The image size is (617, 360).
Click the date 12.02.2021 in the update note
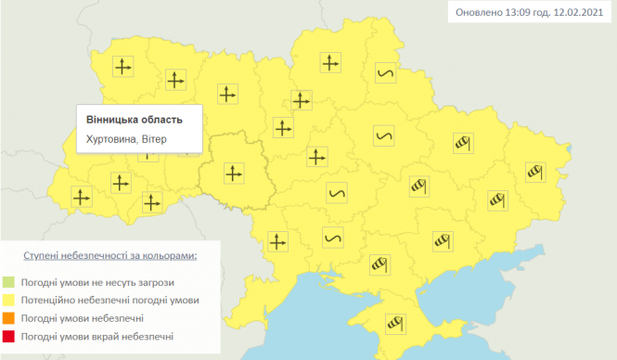tap(577, 12)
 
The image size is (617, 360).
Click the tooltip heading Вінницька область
tap(134, 120)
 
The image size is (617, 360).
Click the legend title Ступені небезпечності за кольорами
tap(110, 254)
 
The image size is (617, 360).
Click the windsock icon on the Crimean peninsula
tap(398, 323)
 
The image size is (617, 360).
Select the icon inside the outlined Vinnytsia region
tap(233, 172)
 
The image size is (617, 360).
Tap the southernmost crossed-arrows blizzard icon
tap(276, 240)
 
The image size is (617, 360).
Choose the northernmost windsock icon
tap(464, 142)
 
